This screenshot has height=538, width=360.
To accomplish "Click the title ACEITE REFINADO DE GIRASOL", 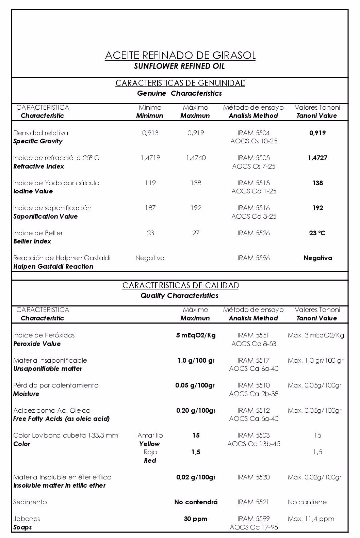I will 180,56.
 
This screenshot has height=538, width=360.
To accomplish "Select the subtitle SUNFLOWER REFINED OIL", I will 179,66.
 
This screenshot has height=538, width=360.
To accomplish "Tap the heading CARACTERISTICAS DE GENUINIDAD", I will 180,83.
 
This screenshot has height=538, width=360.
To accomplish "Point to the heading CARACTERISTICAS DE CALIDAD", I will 180,285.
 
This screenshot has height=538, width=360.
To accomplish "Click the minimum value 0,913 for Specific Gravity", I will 150,133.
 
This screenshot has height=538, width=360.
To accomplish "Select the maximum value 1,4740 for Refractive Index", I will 196,158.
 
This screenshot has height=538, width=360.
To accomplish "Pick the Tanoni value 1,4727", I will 317,158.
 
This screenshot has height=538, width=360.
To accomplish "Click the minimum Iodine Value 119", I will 150,183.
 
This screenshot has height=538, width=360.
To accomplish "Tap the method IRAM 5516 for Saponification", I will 253,208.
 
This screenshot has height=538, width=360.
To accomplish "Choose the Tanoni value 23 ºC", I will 317,233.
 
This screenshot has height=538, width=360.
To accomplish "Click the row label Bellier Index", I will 32,241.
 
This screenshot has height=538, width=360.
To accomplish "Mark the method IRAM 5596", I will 253,258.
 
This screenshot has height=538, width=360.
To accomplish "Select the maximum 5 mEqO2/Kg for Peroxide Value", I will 196,335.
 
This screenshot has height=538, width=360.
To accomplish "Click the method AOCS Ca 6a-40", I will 253,368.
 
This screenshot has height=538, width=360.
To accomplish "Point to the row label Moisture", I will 26,394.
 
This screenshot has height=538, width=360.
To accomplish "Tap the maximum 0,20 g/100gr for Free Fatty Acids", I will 196,410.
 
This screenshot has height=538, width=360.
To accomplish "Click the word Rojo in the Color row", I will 150,452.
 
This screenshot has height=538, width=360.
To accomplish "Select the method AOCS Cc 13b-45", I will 254,444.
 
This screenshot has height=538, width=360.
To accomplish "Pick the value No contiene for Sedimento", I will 307,502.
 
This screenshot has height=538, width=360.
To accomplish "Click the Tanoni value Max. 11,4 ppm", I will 311,519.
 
